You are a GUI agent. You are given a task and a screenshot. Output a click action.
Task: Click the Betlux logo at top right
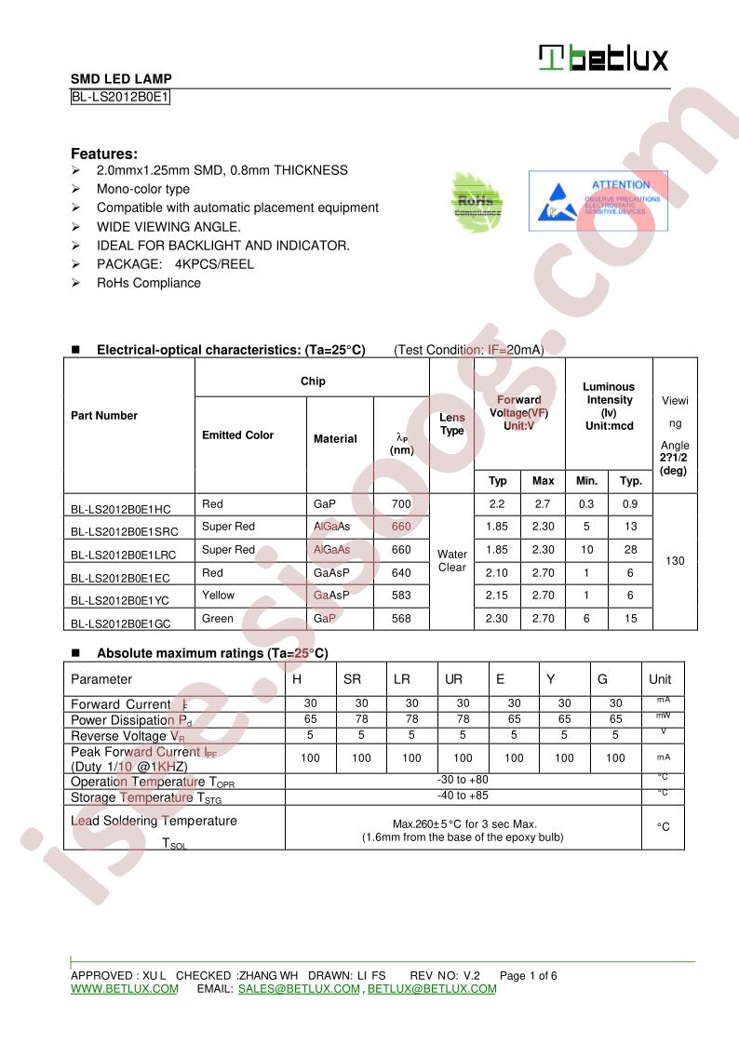tap(603, 59)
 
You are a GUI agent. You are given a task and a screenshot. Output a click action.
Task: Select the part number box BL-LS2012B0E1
tap(120, 97)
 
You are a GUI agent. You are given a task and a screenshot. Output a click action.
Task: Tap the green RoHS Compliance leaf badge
tap(477, 200)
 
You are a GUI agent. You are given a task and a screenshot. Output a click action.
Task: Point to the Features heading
tap(104, 154)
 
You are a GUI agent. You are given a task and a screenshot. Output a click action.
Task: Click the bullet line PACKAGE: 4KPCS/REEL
tap(175, 264)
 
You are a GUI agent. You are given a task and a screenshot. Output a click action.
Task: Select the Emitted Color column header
tap(238, 435)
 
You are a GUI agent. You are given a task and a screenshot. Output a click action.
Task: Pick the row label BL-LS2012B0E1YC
tap(121, 597)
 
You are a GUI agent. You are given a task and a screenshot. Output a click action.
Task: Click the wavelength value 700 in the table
tap(401, 504)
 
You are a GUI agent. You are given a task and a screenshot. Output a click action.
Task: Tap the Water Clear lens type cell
tap(451, 561)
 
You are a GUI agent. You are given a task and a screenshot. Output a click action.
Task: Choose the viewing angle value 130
tap(675, 561)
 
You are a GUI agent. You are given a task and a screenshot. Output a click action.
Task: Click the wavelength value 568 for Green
tap(401, 619)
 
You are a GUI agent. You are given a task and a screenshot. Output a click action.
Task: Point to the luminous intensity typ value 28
tap(631, 550)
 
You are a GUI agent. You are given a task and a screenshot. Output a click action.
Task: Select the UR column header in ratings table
tap(453, 679)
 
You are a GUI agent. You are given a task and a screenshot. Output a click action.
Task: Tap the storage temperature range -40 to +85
tap(463, 796)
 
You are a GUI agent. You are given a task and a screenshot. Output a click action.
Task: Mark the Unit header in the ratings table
tap(660, 679)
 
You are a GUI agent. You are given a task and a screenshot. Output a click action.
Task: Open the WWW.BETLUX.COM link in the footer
tap(124, 989)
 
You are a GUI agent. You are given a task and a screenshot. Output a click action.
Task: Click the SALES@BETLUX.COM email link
tap(299, 989)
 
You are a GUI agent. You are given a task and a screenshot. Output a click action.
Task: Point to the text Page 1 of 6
tap(528, 976)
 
